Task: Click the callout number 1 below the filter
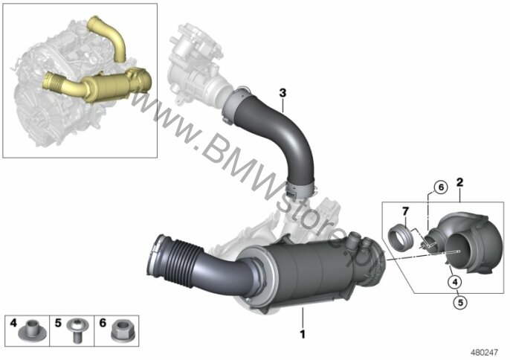coord(303,334)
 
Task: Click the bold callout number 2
coord(460,182)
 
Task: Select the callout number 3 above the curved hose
coord(283,93)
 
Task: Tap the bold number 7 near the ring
coord(405,211)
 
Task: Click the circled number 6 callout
coord(441,187)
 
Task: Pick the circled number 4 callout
coord(454,282)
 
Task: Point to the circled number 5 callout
coord(460,303)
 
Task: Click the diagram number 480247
coord(485,353)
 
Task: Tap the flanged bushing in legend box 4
coord(32,330)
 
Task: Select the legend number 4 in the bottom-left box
coord(13,323)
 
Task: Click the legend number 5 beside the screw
coord(58,323)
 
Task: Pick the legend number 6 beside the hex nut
coord(103,323)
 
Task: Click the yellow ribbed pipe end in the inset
coord(53,81)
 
